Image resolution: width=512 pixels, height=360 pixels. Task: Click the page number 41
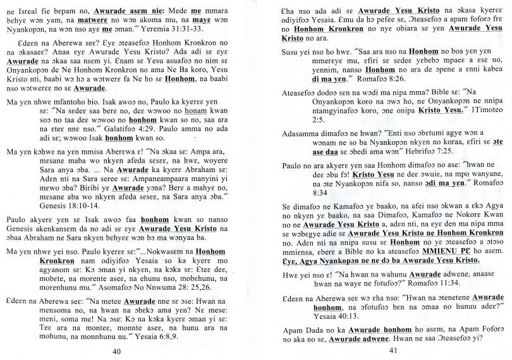click(x=393, y=352)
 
